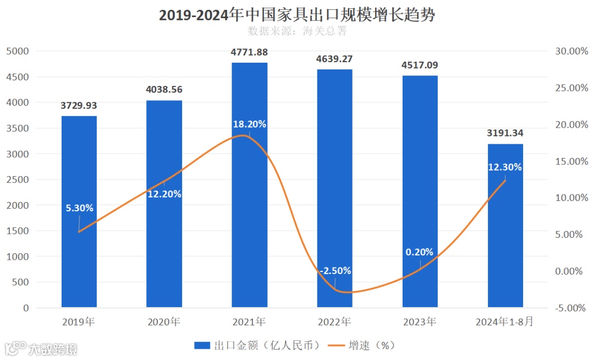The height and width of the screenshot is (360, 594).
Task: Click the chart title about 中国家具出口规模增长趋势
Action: [x=297, y=15]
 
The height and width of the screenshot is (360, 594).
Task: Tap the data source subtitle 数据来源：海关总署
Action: [x=297, y=31]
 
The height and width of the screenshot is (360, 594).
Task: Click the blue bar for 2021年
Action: [x=249, y=220]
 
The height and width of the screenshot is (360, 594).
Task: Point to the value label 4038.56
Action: [x=164, y=89]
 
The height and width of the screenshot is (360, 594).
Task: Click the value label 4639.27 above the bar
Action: [x=334, y=58]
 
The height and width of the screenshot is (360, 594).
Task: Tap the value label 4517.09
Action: [x=420, y=65]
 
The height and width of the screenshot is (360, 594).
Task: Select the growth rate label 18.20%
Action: [x=249, y=124]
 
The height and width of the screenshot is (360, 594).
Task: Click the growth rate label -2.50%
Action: [x=334, y=271]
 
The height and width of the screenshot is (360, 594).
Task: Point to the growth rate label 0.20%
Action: [x=420, y=252]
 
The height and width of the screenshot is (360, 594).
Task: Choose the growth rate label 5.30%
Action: [x=79, y=208]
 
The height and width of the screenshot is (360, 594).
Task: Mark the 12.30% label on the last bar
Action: [x=505, y=167]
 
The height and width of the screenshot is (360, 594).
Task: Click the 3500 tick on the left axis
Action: [x=18, y=128]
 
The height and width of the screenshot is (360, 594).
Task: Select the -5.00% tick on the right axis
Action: [x=568, y=308]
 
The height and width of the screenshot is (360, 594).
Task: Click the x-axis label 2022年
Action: [x=334, y=322]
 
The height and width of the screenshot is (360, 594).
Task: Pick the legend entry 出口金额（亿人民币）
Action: [x=257, y=346]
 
